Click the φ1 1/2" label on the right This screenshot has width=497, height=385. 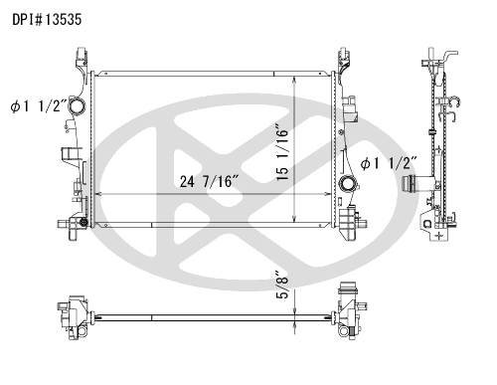click(x=390, y=163)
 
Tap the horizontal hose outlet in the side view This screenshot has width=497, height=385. click(x=411, y=186)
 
